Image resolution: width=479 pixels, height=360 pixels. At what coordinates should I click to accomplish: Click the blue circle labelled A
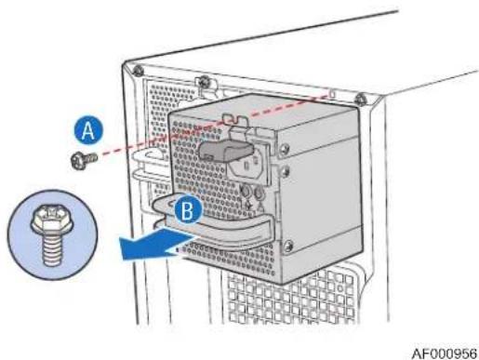88,130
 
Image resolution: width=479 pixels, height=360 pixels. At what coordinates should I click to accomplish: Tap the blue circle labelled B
188,210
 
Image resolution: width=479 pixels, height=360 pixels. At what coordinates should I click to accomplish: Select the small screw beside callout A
84,160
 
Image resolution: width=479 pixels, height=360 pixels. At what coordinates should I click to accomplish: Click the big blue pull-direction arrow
156,244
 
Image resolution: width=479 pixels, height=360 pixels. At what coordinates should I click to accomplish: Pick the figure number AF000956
445,353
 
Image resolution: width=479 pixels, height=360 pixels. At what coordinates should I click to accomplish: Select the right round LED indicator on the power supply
259,194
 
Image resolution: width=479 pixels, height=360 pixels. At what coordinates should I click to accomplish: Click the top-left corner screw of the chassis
138,70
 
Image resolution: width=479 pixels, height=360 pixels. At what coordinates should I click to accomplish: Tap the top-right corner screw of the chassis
360,100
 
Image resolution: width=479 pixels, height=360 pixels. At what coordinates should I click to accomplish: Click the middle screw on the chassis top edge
204,82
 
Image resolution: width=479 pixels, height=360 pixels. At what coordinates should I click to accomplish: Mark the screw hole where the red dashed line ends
332,93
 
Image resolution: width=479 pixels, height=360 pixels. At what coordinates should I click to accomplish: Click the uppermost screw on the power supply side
285,149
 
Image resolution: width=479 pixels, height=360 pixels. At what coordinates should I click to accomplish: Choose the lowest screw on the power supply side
288,246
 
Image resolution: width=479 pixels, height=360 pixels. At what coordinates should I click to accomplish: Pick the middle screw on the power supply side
286,171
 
